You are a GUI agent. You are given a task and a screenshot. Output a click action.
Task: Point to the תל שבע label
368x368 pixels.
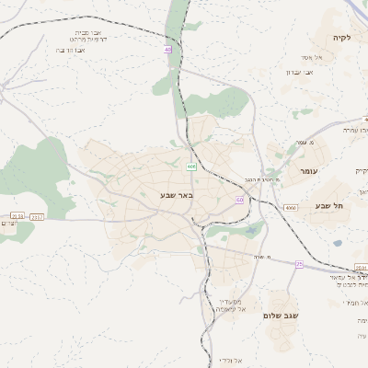[x=328, y=206]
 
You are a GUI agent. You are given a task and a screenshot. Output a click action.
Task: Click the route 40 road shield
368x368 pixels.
[x=168, y=50]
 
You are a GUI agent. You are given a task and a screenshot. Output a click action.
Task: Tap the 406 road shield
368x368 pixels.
[x=190, y=167]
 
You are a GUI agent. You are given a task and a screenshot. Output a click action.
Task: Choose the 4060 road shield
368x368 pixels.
[x=291, y=208]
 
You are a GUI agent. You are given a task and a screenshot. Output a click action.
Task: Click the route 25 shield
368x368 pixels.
[x=299, y=264]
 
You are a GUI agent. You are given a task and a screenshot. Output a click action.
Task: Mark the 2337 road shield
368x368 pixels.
[x=37, y=216]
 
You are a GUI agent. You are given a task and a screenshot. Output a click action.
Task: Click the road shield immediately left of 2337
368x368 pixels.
[x=16, y=216]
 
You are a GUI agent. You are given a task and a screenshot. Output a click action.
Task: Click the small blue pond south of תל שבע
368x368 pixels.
[x=337, y=243]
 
